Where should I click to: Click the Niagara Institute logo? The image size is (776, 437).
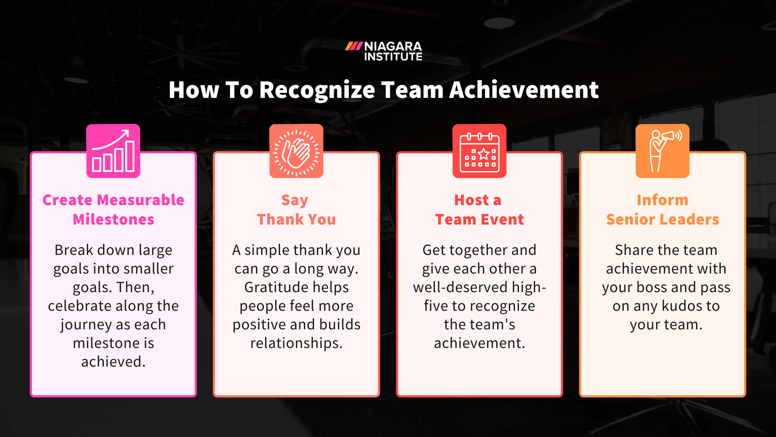pos(384,51)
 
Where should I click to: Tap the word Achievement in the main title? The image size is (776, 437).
pos(524,90)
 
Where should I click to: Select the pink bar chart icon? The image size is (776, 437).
pos(113,151)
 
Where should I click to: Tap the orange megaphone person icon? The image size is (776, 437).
pos(662,151)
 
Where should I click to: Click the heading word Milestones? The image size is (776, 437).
pos(113,219)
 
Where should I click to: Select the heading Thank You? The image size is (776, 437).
pos(296,219)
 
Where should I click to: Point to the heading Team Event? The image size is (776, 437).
pos(479,219)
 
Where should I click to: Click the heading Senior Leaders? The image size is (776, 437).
pos(662,219)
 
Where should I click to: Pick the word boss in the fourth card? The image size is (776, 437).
pos(652,287)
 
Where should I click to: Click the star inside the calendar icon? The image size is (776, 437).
pos(484,154)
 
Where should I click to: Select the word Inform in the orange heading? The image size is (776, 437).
pos(662,200)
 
